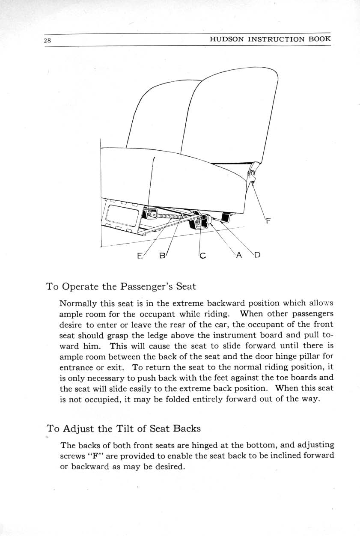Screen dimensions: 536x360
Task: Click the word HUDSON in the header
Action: [x=227, y=39]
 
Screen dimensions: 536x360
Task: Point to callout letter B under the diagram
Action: [x=162, y=256]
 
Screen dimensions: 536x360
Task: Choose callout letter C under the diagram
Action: [x=203, y=256]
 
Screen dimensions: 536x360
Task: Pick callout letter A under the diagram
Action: [x=239, y=256]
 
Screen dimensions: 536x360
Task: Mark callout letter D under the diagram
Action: [x=258, y=256]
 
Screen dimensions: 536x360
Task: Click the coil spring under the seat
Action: [x=169, y=216]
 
